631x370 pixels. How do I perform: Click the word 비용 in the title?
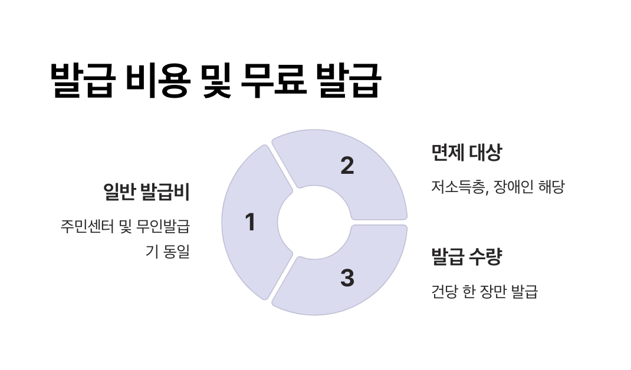click(157, 81)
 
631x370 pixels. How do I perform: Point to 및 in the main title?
click(215, 81)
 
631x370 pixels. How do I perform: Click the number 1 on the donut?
click(250, 223)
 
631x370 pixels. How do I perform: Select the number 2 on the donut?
click(347, 166)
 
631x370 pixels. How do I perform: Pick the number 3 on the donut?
click(347, 278)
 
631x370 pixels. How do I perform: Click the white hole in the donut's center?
click(314, 223)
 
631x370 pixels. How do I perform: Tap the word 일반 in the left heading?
click(118, 191)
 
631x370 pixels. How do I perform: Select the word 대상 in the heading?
click(485, 153)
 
